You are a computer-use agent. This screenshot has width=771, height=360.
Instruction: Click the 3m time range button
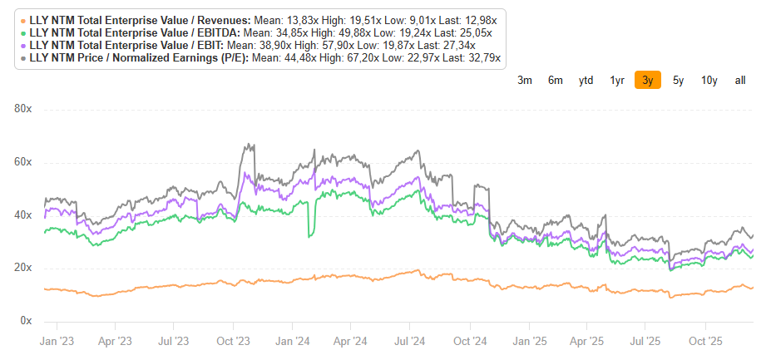tap(525, 80)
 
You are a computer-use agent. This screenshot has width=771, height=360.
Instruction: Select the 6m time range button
tap(555, 80)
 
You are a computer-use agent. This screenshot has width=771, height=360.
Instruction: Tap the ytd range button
tap(586, 80)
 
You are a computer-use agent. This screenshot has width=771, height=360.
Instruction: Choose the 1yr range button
tap(617, 80)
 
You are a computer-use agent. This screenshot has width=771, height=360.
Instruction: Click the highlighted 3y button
tap(648, 80)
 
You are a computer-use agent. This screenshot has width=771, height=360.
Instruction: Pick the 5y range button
tap(678, 80)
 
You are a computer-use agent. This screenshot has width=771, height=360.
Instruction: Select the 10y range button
tap(709, 80)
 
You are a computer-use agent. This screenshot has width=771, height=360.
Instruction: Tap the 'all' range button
tap(740, 80)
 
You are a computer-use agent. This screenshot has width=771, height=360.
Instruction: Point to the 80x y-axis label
tap(23, 110)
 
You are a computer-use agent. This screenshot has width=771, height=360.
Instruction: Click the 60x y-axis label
tap(23, 163)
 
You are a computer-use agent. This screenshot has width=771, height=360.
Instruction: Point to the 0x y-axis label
tap(26, 321)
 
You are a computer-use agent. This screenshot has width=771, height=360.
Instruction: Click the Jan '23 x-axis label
tap(57, 342)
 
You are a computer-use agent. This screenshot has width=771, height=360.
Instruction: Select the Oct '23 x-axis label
tap(233, 342)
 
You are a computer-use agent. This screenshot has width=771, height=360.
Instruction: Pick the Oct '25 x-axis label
tap(705, 342)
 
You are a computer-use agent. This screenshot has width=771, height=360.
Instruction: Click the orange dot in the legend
tap(23, 21)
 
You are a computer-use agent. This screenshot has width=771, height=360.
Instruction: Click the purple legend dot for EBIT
tap(23, 46)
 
